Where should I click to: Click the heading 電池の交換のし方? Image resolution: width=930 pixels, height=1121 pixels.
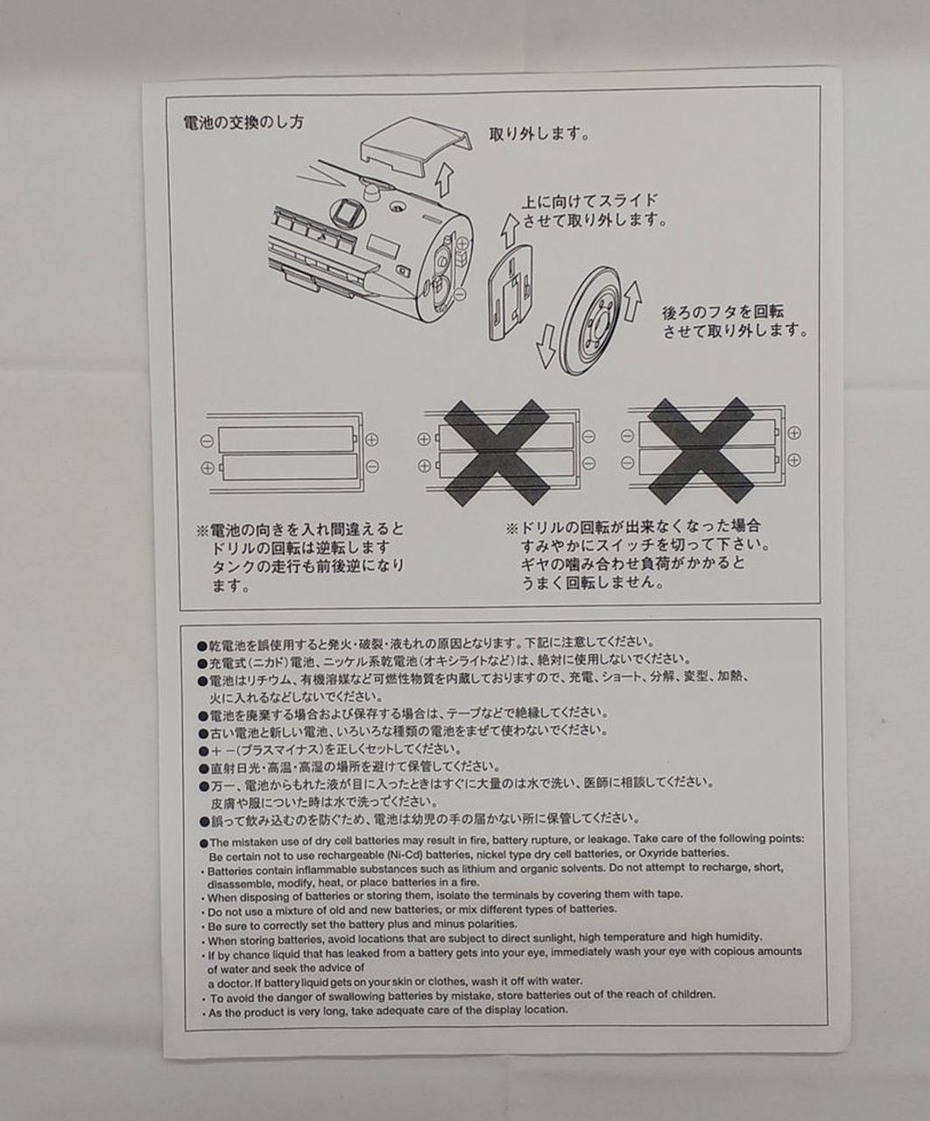pyautogui.click(x=243, y=123)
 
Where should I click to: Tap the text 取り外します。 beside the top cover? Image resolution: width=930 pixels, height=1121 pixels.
pyautogui.click(x=539, y=133)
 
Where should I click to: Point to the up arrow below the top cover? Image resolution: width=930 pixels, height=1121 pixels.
pyautogui.click(x=443, y=180)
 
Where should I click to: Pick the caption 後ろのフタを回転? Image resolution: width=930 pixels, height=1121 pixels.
pyautogui.click(x=723, y=312)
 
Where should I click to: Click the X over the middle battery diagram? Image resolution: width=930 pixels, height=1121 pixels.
pyautogui.click(x=496, y=452)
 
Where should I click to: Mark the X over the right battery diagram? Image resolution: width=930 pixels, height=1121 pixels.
pyautogui.click(x=701, y=450)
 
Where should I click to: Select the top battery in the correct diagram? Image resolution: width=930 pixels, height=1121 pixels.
pyautogui.click(x=287, y=439)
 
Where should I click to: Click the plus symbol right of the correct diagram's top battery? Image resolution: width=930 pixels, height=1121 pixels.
pyautogui.click(x=371, y=441)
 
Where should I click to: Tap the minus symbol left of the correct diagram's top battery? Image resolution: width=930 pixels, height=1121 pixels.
pyautogui.click(x=208, y=441)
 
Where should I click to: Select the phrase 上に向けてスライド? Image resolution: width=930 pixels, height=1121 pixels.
pyautogui.click(x=589, y=201)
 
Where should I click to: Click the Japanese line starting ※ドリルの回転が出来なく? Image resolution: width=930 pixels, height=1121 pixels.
pyautogui.click(x=633, y=525)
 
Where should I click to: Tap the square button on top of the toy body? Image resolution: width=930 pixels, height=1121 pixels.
pyautogui.click(x=347, y=213)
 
